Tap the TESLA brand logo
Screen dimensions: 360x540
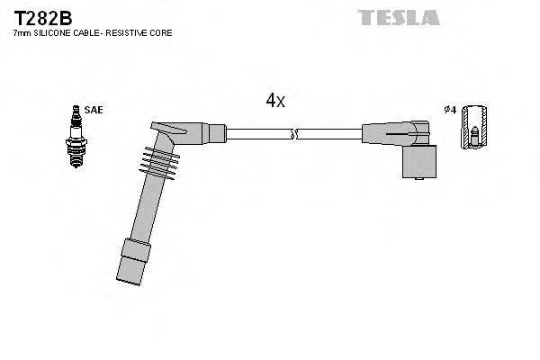click(x=399, y=17)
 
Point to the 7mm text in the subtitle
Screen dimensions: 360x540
click(x=21, y=33)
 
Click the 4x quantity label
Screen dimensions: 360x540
click(x=274, y=101)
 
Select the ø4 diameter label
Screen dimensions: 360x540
click(x=450, y=110)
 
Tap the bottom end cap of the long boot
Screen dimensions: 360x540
click(x=130, y=260)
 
